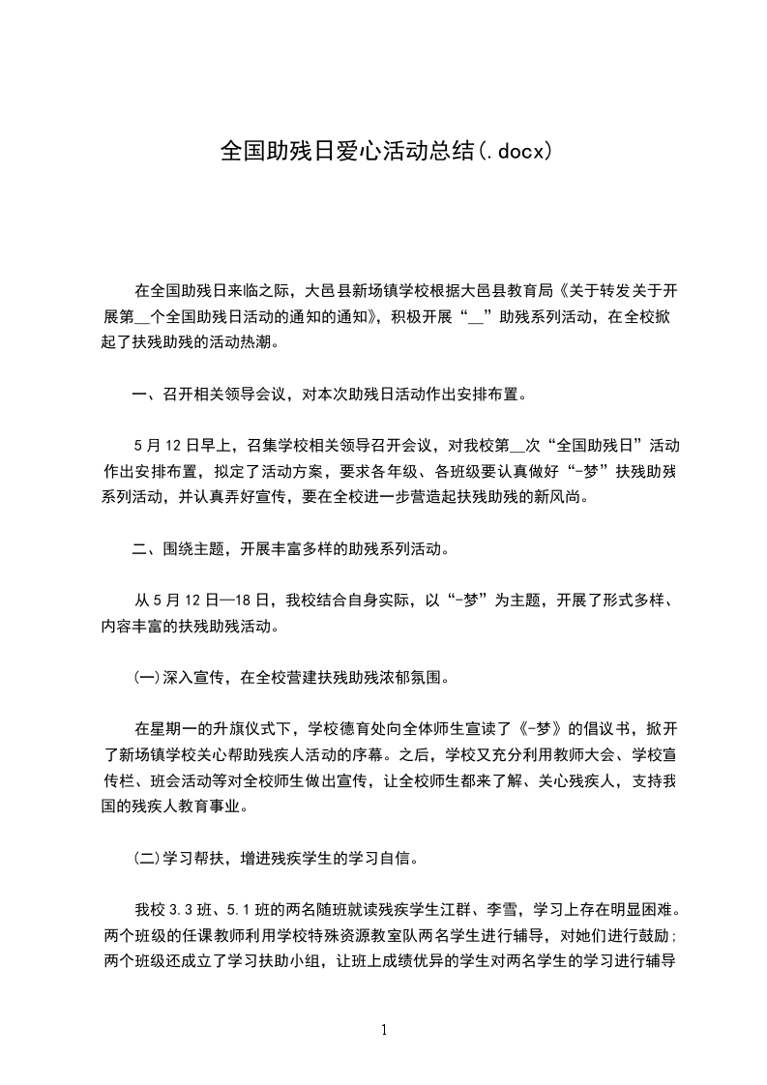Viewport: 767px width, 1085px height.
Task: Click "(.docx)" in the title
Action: [x=516, y=151]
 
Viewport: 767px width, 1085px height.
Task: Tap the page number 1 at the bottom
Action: [x=384, y=1030]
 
